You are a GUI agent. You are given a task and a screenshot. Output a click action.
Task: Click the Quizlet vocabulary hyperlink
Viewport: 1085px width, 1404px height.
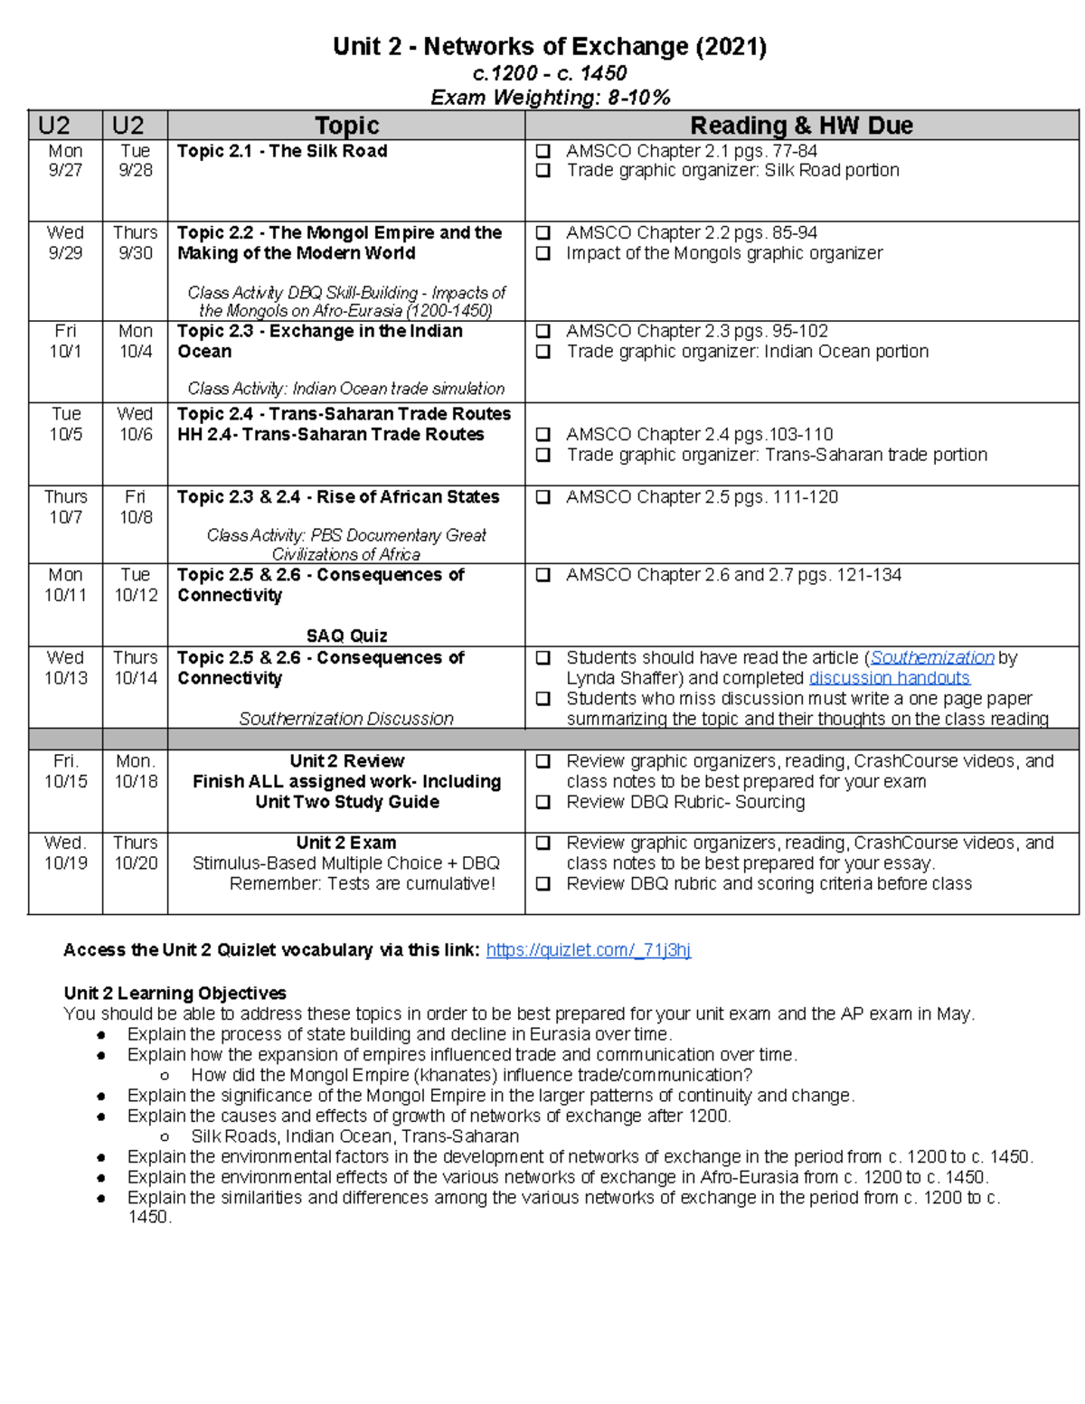588,950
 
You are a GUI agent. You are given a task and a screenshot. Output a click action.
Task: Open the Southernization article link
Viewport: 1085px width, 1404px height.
931,658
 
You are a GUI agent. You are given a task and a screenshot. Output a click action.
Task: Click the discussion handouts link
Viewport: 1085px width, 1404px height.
889,678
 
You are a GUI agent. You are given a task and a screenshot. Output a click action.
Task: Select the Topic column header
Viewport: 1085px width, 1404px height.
346,126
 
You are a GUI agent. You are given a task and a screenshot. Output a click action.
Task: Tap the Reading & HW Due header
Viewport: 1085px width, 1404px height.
801,126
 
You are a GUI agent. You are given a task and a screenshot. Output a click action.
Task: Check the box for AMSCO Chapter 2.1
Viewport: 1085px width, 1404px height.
543,151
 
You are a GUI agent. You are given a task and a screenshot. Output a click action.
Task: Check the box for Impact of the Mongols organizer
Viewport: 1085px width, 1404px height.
543,254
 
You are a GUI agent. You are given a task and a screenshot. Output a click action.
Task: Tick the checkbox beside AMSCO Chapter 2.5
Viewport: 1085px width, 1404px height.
543,497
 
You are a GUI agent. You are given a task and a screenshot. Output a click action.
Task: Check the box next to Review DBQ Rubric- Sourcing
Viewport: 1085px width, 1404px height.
543,802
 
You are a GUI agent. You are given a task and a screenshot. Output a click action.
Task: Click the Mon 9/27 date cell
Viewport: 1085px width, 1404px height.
65,161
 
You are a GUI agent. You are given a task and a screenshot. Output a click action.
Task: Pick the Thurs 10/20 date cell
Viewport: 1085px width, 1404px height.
135,853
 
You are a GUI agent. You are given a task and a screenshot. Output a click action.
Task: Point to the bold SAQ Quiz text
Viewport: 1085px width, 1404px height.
346,636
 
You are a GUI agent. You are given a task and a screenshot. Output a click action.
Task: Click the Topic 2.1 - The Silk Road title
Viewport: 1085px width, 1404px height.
282,151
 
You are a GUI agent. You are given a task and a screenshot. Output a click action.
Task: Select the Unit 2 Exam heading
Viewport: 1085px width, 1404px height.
346,843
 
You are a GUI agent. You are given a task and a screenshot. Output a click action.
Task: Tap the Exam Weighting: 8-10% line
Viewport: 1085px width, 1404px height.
550,98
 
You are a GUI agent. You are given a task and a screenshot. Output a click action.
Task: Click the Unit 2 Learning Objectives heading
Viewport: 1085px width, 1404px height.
175,993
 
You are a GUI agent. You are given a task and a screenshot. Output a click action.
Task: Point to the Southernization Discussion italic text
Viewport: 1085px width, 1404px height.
346,719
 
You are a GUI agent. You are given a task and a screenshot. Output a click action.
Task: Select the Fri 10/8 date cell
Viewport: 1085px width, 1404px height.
135,507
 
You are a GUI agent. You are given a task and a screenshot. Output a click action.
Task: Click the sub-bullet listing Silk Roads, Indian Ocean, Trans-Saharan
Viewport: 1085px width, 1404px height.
354,1136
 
